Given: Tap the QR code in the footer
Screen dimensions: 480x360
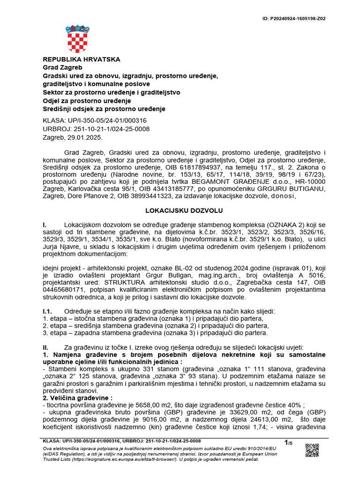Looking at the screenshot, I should (x=312, y=450).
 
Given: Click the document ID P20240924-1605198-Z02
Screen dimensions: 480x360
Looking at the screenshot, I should (x=294, y=19).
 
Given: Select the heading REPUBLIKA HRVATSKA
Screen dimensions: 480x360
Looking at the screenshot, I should (x=82, y=60).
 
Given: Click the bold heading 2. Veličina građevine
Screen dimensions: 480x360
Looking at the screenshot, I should (x=72, y=397).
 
